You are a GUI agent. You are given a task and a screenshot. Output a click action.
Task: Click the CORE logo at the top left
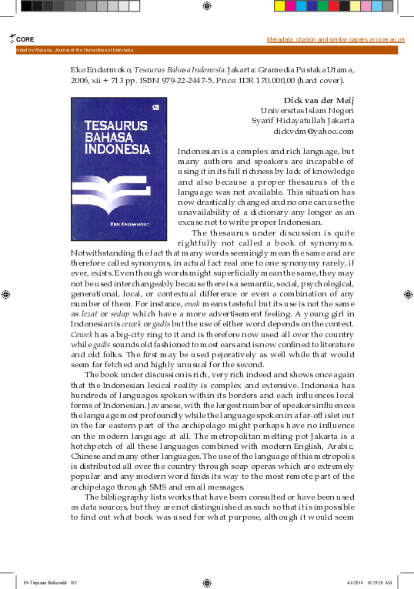point(22,38)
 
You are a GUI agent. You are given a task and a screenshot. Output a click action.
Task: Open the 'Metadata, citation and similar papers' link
point(336,38)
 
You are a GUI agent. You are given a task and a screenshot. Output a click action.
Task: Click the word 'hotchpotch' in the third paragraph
point(92,447)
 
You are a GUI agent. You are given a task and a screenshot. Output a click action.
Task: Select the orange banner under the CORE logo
point(207,49)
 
